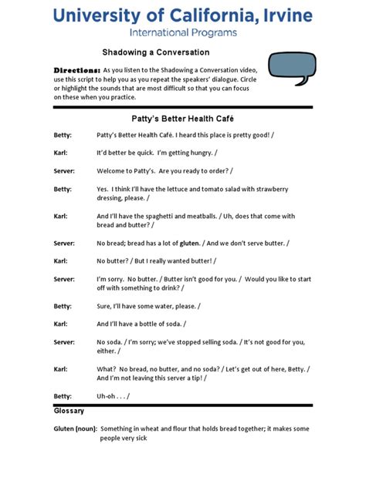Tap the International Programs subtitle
click(x=183, y=33)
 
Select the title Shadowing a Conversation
click(x=156, y=52)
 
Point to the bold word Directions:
click(x=76, y=69)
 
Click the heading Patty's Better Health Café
click(x=183, y=118)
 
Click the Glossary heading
click(x=69, y=411)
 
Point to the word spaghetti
click(x=174, y=217)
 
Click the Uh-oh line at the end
click(x=114, y=396)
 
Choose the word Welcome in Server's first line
click(x=113, y=170)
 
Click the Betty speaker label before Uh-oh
click(x=63, y=396)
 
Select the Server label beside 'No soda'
click(x=64, y=342)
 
